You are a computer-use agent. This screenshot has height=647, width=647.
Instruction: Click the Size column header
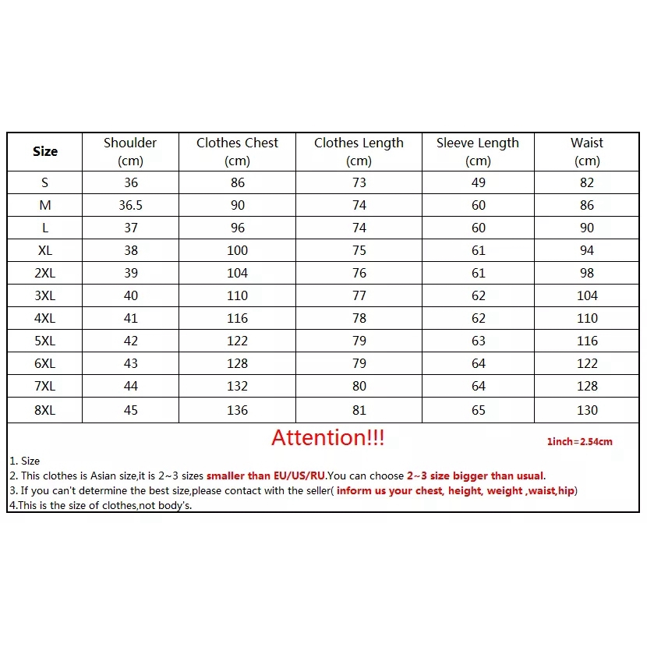coord(45,151)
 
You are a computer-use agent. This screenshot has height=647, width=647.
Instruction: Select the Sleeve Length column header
coord(478,151)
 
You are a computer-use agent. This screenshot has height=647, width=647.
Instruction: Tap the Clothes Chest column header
coord(237,151)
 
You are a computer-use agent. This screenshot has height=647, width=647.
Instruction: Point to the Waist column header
coord(587,151)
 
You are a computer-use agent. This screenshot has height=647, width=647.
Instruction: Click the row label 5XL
coord(45,341)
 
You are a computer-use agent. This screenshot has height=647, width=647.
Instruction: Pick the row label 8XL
coord(45,410)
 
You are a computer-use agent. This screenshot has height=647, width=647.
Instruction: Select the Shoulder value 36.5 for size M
coord(131,205)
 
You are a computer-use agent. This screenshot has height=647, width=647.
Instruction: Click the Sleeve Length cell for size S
coord(478,182)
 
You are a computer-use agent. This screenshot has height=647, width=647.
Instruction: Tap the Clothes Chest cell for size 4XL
coord(237,318)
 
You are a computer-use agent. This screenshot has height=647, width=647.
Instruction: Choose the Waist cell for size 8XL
coord(587,410)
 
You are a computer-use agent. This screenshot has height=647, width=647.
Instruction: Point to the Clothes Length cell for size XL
coord(359,250)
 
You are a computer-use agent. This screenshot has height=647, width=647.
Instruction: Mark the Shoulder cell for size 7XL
coord(131,386)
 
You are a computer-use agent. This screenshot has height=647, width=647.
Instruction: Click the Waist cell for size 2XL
coord(587,273)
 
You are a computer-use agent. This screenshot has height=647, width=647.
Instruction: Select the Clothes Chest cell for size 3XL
coord(237,295)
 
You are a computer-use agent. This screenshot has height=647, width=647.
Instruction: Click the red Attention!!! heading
coord(327,438)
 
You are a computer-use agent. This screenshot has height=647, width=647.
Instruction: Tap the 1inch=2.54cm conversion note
coord(579,442)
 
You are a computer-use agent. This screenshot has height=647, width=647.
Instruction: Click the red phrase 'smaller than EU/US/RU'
coord(265,476)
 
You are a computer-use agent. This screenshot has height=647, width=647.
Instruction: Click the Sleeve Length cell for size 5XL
coord(478,341)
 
